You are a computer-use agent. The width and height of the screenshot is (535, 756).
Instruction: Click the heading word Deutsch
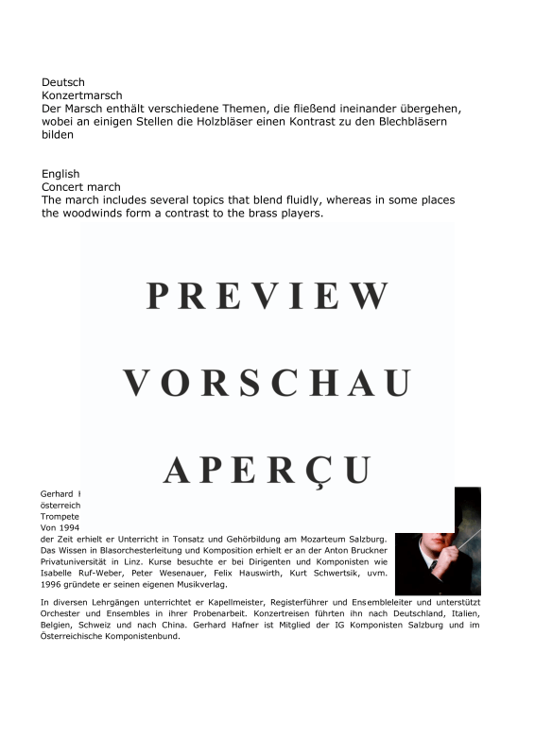pos(63,82)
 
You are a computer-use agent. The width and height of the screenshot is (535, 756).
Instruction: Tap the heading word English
pos(60,174)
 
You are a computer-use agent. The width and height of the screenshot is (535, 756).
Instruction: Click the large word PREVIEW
pos(267,296)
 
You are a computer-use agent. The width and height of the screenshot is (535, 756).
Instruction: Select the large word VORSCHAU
pos(267,383)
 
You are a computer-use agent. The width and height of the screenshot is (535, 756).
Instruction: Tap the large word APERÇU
pos(267,470)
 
